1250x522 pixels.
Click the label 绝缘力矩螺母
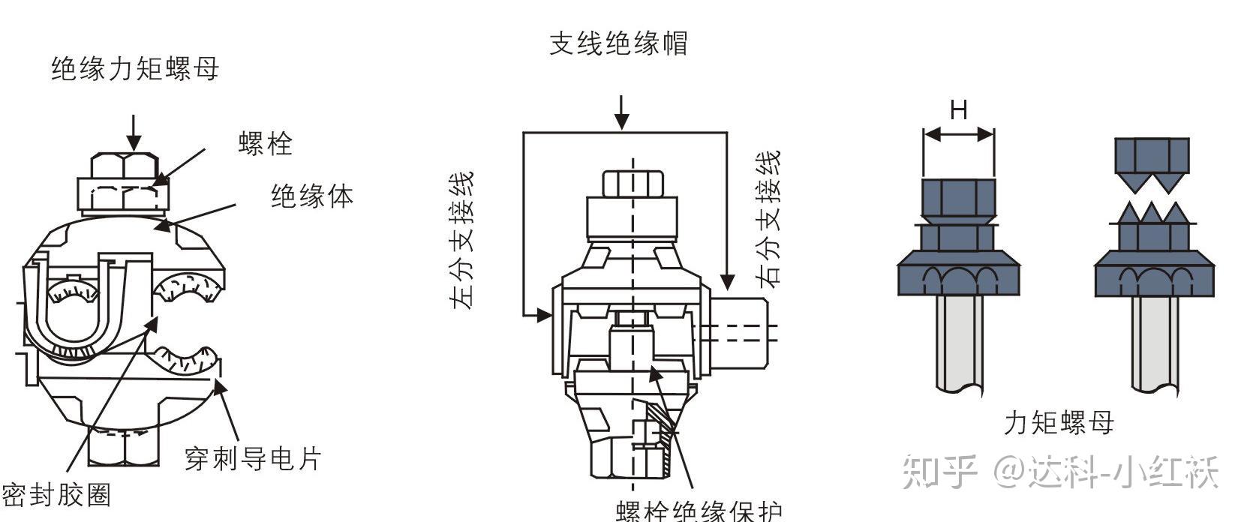pos(135,69)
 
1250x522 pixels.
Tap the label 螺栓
pos(265,142)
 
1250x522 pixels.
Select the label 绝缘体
pos(311,196)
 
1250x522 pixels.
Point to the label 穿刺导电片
pos(253,458)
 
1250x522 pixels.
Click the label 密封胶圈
pos(56,495)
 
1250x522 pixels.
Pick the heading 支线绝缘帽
pos(618,43)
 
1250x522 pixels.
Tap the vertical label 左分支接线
pos(462,240)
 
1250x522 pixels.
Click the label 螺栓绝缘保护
pos(699,511)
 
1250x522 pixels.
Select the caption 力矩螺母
pos(1059,423)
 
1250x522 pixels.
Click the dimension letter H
pos(958,110)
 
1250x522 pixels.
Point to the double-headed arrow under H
pos(958,135)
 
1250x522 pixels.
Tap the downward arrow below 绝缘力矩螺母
pos(134,133)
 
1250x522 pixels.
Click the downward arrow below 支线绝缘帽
pos(621,112)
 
